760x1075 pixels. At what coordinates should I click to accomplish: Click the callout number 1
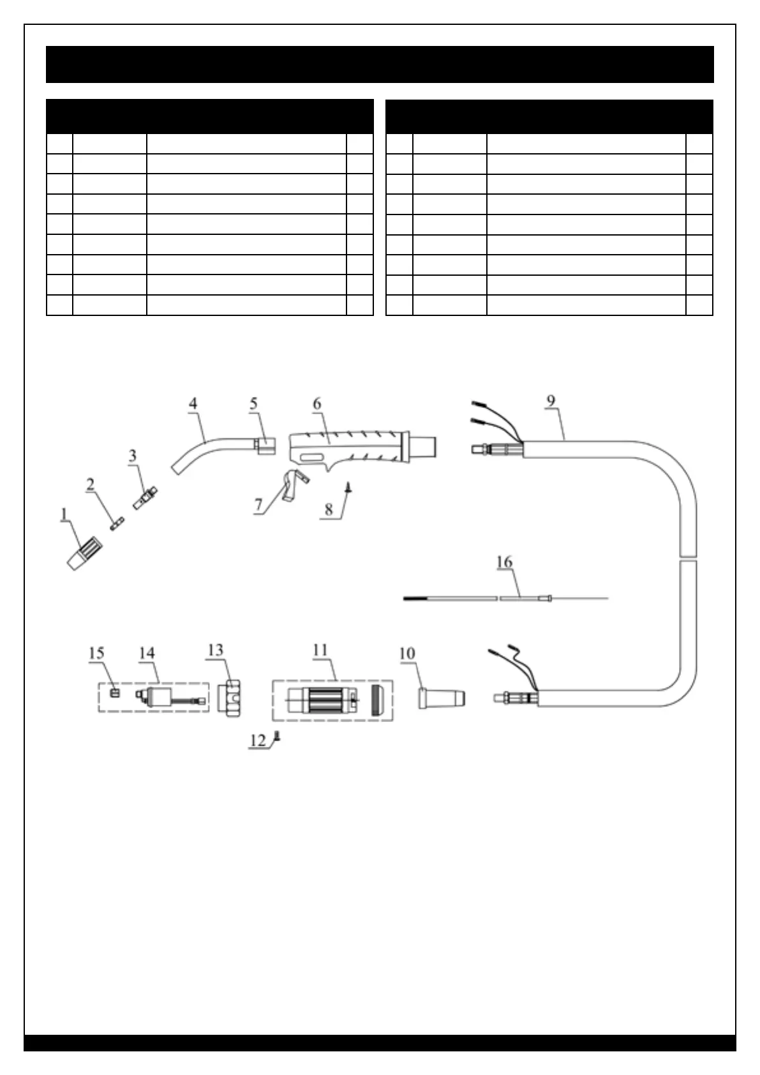(x=64, y=514)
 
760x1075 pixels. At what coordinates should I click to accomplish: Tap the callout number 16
(x=504, y=562)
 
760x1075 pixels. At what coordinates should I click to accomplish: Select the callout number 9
(x=551, y=401)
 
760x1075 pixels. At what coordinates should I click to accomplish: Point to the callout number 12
(x=258, y=740)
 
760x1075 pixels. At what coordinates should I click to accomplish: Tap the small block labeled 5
(x=265, y=444)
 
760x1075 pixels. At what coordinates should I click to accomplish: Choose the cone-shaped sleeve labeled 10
(x=440, y=696)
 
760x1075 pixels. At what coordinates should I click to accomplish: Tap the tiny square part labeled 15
(x=115, y=693)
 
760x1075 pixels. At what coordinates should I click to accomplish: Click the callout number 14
(x=147, y=653)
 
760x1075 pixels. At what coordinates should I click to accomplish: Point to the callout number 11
(x=320, y=650)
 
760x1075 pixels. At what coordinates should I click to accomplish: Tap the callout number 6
(x=317, y=403)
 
